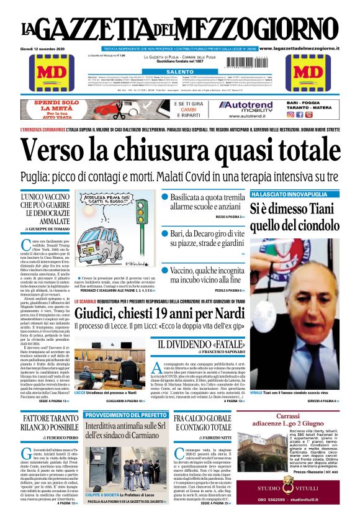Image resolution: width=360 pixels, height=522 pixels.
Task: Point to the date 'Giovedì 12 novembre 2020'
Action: tap(47, 49)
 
